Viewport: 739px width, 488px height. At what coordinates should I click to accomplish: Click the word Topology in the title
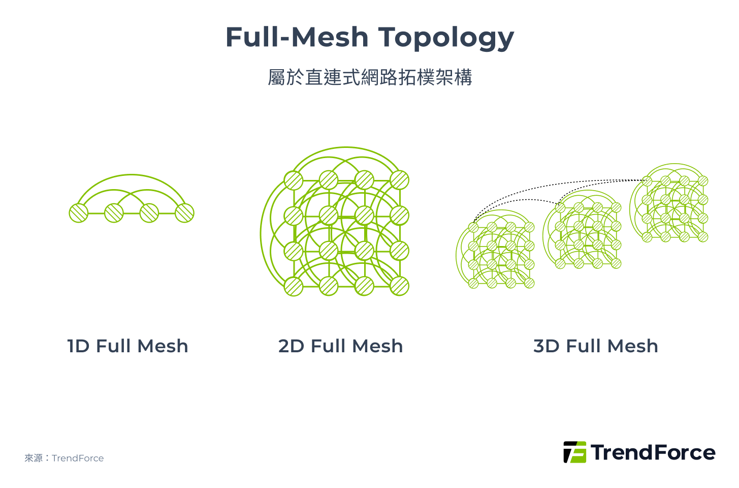pos(446,38)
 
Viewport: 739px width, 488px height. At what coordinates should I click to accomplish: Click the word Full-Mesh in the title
pos(297,38)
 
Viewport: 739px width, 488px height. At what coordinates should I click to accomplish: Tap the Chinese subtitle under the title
pos(370,77)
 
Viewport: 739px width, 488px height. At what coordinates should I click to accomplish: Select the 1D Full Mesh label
pos(127,346)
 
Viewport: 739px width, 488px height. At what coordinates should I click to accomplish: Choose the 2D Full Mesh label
pos(340,346)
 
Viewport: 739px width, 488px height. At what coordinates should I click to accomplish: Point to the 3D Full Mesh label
pos(595,346)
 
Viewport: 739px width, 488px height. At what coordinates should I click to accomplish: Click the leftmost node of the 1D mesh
pos(79,213)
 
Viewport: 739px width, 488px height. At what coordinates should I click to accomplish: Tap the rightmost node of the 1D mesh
pos(184,213)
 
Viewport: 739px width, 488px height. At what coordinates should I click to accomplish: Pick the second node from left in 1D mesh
pos(114,213)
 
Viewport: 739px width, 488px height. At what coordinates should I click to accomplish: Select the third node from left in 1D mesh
pos(149,213)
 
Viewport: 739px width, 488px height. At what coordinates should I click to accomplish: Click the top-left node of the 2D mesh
pos(294,180)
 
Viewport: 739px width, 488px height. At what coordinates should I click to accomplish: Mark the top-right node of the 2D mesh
pos(400,180)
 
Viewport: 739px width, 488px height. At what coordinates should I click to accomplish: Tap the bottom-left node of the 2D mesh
pos(294,287)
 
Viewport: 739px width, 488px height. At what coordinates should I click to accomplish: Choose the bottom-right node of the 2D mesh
pos(400,287)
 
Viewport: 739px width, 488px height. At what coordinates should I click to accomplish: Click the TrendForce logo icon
pos(574,452)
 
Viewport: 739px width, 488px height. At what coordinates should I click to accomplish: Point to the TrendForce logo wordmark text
pos(653,452)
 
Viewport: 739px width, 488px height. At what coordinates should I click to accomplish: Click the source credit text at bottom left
pos(64,458)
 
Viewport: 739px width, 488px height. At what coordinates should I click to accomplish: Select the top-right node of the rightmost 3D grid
pos(703,181)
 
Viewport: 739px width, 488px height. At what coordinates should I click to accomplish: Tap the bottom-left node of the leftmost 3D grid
pos(473,283)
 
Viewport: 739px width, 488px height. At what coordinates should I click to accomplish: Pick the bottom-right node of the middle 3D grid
pos(616,263)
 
